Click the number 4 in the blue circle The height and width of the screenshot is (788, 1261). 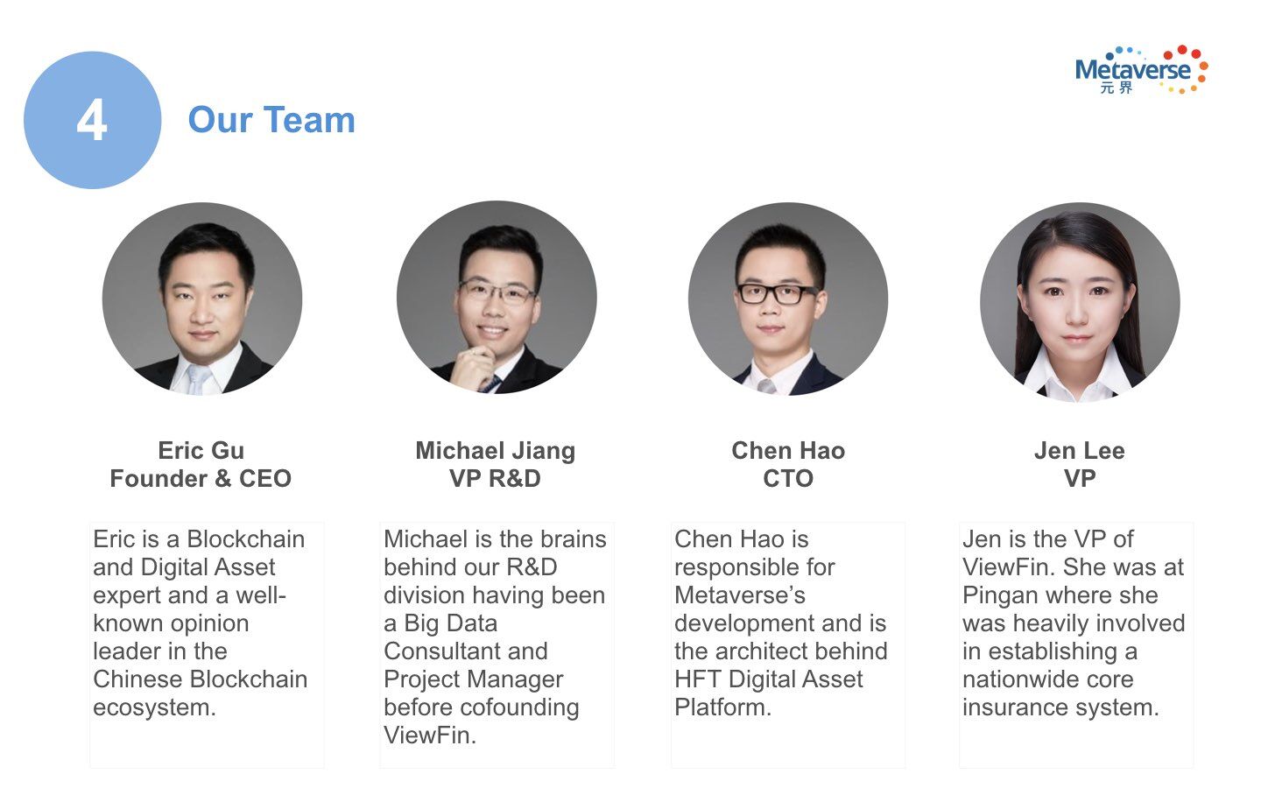tap(92, 120)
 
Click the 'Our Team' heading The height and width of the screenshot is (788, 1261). tap(271, 120)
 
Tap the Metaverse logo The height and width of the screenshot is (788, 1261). tap(1141, 70)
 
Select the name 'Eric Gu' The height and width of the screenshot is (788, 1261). tap(201, 450)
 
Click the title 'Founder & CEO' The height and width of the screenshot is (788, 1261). tap(201, 478)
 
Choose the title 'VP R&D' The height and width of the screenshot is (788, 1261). tap(496, 478)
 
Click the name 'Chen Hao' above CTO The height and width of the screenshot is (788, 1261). tap(788, 450)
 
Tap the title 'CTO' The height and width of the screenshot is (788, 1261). tap(788, 478)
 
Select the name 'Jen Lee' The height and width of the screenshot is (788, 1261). tap(1080, 450)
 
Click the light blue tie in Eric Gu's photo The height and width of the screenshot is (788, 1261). tap(199, 379)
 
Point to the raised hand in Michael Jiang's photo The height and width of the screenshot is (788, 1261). tap(474, 368)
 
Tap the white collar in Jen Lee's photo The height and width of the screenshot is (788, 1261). tap(1078, 376)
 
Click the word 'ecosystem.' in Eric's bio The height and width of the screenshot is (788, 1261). tap(155, 707)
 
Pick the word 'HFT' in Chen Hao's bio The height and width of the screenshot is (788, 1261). tap(697, 679)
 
